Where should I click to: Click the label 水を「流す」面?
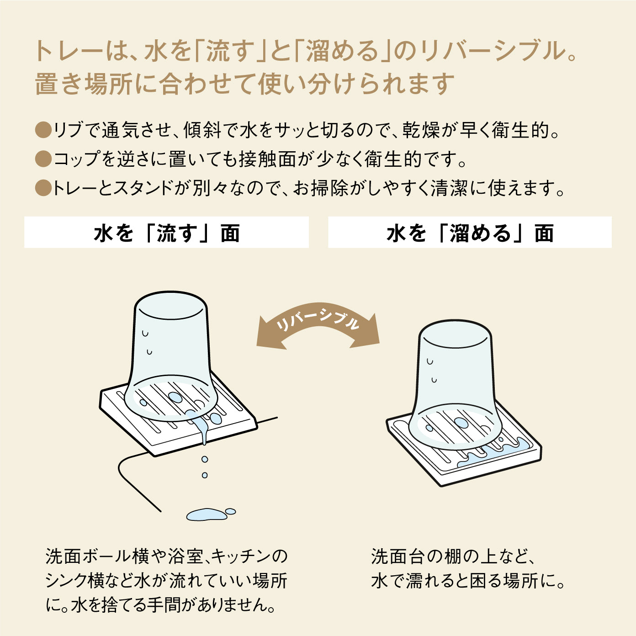pos(166,233)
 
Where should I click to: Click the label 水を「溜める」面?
pos(470,233)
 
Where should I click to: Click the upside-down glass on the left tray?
pos(170,356)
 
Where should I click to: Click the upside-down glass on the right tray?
pos(456,385)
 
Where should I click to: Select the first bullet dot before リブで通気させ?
pos(43,130)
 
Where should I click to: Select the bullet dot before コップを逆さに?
pos(43,159)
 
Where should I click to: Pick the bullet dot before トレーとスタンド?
pos(43,188)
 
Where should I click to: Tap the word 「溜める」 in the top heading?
pos(343,52)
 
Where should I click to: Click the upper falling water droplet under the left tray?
pos(205,459)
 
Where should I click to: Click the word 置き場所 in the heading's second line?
pos(85,85)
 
